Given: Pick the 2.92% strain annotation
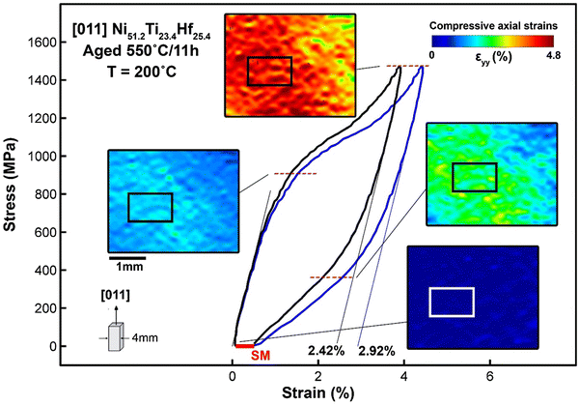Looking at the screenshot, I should click(x=376, y=349).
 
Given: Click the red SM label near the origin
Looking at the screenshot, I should click(x=259, y=356).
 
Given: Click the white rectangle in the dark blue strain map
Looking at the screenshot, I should click(x=451, y=302).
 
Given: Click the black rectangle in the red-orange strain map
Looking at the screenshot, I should click(x=269, y=71).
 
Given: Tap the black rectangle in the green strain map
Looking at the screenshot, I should click(x=474, y=177).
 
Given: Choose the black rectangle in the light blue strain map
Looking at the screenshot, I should click(x=150, y=207).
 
